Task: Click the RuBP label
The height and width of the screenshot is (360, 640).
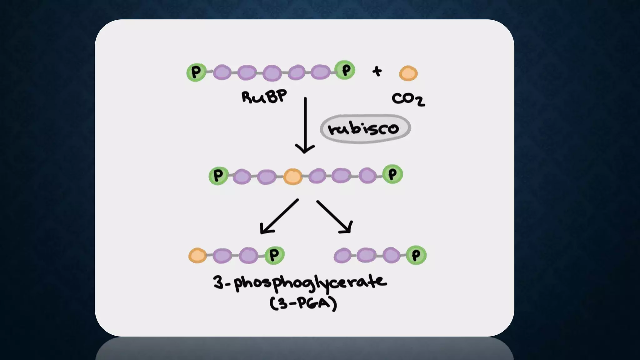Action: tap(264, 97)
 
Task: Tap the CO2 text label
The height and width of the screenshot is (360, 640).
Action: tap(408, 99)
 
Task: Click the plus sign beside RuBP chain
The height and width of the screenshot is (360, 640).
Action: tap(377, 71)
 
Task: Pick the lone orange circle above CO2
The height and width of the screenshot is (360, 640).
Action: tap(408, 73)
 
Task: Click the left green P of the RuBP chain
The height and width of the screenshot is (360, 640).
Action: tap(196, 72)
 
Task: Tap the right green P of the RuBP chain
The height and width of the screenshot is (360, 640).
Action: tap(345, 70)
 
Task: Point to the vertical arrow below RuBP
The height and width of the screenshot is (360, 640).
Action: tap(305, 125)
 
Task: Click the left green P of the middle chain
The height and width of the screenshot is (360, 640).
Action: tap(218, 176)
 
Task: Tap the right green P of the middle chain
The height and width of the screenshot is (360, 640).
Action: tap(392, 174)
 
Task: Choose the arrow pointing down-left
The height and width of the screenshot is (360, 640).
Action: tap(279, 217)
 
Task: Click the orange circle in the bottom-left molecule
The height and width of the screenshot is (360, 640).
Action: tap(197, 255)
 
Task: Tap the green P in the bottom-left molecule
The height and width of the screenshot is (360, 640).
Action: tap(274, 255)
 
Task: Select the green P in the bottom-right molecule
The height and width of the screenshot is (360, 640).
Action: tap(416, 255)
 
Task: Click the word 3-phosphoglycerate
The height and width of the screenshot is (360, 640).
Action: tap(300, 283)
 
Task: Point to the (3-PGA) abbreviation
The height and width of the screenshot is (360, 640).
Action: tap(303, 303)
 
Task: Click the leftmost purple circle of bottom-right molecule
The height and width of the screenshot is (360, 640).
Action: tap(342, 255)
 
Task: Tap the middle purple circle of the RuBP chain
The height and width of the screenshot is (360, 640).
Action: tap(272, 73)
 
